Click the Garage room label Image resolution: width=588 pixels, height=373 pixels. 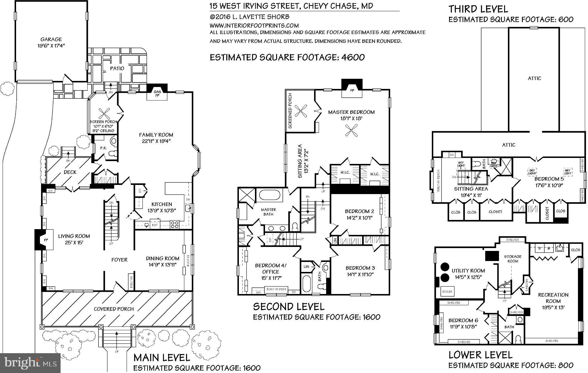(x=51, y=39)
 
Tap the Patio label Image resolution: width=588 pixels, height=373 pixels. (x=117, y=68)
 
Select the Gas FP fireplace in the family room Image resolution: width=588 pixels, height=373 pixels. (x=157, y=93)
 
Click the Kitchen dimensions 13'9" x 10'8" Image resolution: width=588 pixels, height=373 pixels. (x=162, y=210)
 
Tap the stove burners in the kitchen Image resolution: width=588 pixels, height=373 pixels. (x=175, y=224)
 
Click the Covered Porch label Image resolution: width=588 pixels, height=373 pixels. (x=114, y=309)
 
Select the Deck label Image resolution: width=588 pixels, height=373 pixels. (x=70, y=172)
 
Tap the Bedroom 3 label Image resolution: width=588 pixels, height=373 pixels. (x=360, y=268)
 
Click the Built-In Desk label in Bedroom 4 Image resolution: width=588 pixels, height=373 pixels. (x=276, y=289)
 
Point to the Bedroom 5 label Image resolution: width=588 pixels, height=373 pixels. (x=549, y=179)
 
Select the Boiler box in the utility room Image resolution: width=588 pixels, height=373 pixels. (x=447, y=291)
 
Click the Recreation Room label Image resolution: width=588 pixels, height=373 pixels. (x=553, y=298)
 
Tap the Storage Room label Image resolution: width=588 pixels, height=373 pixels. (x=512, y=259)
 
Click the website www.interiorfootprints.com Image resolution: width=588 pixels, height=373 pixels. (x=254, y=25)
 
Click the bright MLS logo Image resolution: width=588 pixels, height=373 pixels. (x=30, y=363)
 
